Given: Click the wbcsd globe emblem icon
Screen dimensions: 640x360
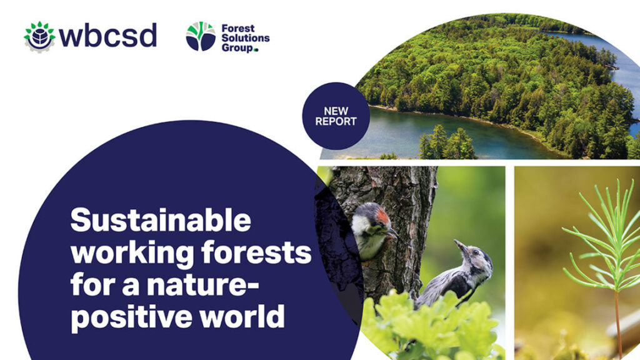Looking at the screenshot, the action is (39, 37).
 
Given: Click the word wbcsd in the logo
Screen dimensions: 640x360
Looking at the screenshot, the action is (107, 35).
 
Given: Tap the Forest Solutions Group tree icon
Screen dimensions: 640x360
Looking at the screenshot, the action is (201, 36).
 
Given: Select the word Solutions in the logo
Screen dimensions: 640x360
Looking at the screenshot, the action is (245, 38).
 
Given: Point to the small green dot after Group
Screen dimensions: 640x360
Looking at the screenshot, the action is (256, 50).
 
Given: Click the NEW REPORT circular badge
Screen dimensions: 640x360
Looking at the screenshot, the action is (336, 116).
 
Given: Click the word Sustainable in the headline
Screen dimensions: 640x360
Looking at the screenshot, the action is (161, 220).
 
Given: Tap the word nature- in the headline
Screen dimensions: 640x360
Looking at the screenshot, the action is (202, 284).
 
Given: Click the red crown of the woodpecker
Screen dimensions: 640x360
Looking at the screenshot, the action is (382, 216).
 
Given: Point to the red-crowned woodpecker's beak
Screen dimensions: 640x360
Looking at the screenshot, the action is (392, 233).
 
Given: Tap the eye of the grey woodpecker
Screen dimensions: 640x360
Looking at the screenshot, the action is (476, 252).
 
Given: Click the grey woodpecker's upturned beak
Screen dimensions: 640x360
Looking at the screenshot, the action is (460, 244).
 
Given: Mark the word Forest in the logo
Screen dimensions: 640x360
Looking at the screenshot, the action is (238, 29).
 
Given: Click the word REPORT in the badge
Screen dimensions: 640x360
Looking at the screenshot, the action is (336, 121).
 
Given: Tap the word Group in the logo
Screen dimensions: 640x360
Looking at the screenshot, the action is (237, 48).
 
